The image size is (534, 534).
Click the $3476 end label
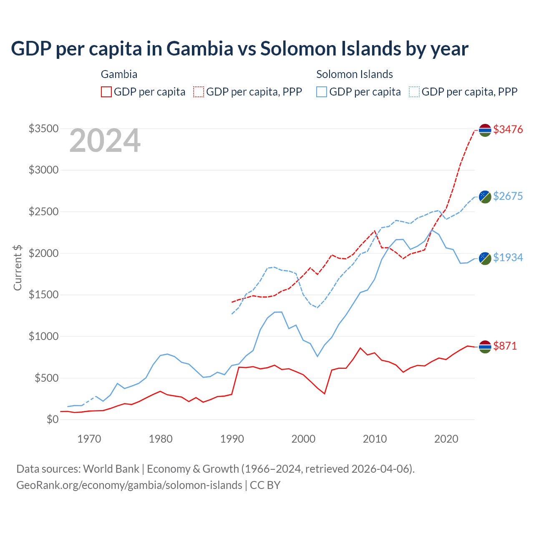pyautogui.click(x=508, y=129)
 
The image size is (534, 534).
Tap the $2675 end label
pyautogui.click(x=508, y=196)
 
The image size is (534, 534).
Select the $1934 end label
pyautogui.click(x=508, y=257)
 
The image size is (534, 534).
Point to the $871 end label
pyautogui.click(x=505, y=346)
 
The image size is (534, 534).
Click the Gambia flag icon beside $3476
pyautogui.click(x=485, y=130)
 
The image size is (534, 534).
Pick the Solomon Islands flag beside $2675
pyautogui.click(x=485, y=196)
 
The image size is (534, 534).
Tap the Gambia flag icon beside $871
pyautogui.click(x=485, y=347)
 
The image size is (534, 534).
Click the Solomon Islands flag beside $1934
pyautogui.click(x=485, y=258)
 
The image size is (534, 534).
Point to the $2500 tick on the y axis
pyautogui.click(x=43, y=212)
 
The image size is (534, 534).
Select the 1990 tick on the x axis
pyautogui.click(x=232, y=439)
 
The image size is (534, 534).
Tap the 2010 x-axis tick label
pyautogui.click(x=375, y=439)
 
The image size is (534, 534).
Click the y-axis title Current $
pyautogui.click(x=18, y=268)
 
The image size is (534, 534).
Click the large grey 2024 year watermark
pyautogui.click(x=105, y=141)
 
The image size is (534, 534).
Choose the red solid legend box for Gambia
pyautogui.click(x=106, y=92)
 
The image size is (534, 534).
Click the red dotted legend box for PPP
pyautogui.click(x=199, y=92)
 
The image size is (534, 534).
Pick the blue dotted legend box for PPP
pyautogui.click(x=414, y=92)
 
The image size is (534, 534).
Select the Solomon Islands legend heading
pyautogui.click(x=355, y=74)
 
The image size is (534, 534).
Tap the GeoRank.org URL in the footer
pyautogui.click(x=129, y=485)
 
